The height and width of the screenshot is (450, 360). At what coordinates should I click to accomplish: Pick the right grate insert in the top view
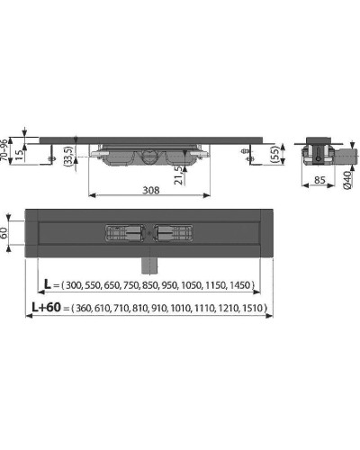(175, 232)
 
